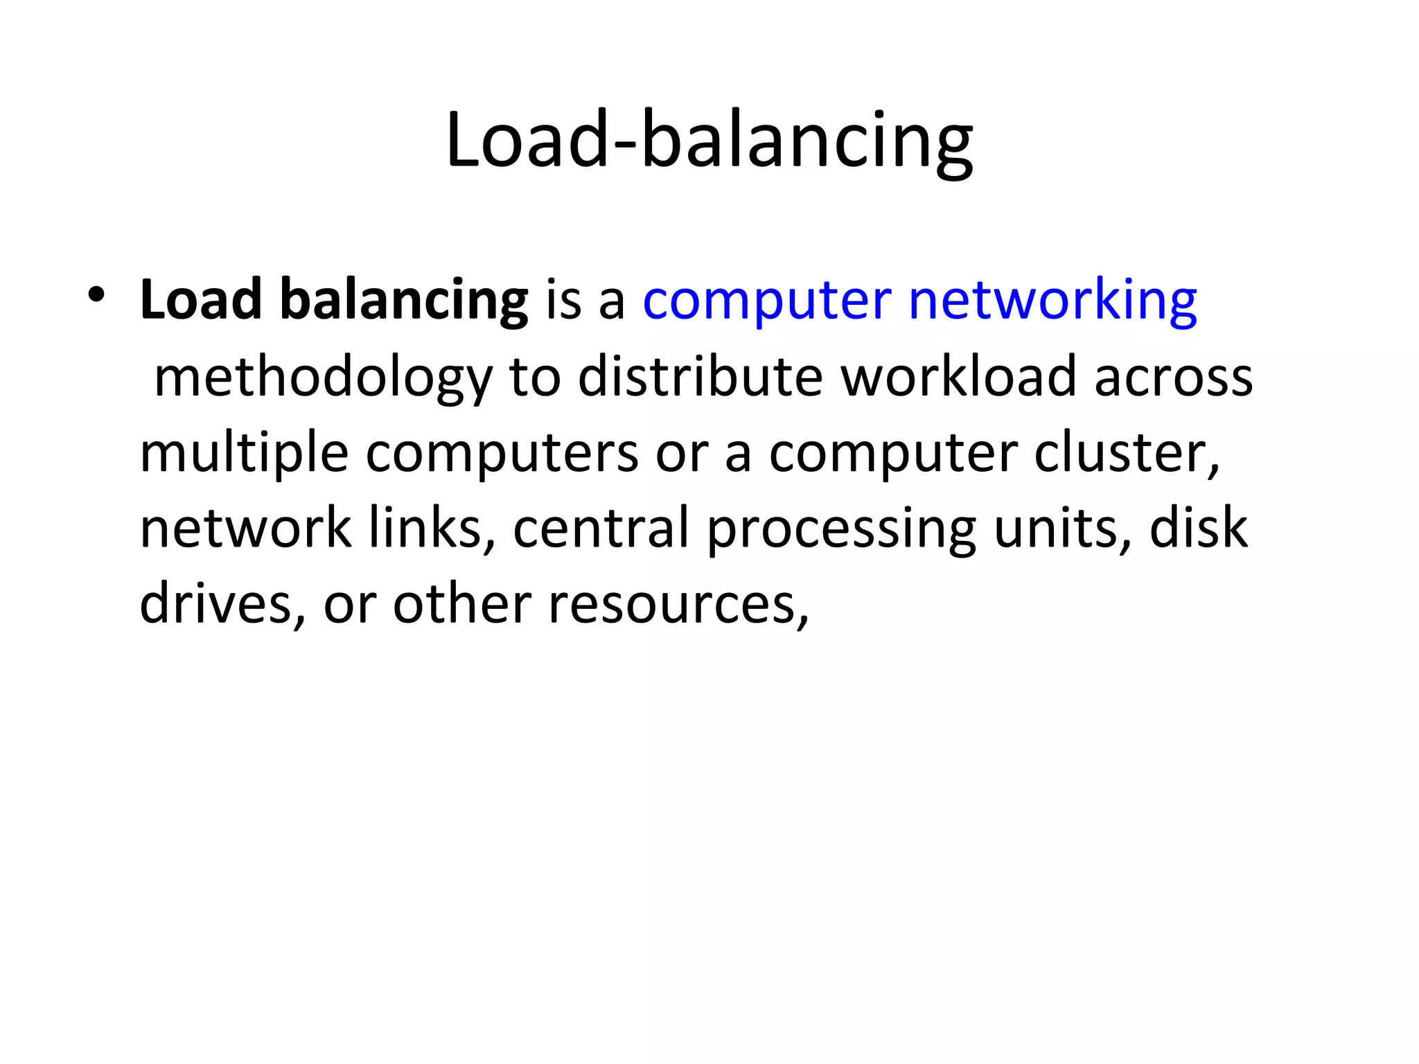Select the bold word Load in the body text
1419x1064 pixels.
pyautogui.click(x=201, y=300)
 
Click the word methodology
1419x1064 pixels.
pyautogui.click(x=323, y=378)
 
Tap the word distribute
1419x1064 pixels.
pyautogui.click(x=700, y=377)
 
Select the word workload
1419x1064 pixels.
pyautogui.click(x=959, y=377)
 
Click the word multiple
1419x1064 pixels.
pyautogui.click(x=244, y=454)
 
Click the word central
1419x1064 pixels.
pyautogui.click(x=601, y=529)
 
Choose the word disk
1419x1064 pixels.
pyautogui.click(x=1199, y=529)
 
